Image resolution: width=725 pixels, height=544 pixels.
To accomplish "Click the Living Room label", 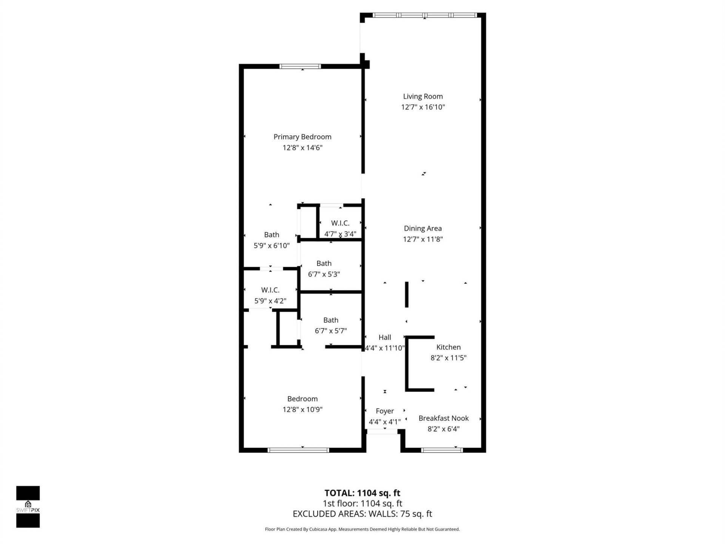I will pos(423,96).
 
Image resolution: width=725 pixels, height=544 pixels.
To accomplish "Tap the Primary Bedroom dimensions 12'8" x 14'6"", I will pos(302,148).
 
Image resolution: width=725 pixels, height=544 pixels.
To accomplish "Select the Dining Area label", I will pos(423,228).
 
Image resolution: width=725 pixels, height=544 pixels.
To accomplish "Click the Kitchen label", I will pos(448,347).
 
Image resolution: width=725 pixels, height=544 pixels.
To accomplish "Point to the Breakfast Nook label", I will pos(443,418).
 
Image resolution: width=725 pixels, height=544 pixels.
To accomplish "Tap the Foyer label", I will pos(384,411).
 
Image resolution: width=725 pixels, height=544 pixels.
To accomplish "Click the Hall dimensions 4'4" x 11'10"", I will pos(384,348).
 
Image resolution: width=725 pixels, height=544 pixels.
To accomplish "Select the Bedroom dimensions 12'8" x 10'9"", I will pos(302,410).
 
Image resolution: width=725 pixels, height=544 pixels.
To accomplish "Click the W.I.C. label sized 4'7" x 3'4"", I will pos(340,223).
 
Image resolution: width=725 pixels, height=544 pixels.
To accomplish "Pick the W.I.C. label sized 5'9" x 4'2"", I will pos(270,290).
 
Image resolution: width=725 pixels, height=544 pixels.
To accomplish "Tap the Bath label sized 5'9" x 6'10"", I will pos(271,235).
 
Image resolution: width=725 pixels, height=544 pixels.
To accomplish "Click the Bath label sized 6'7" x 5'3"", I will pos(324,263).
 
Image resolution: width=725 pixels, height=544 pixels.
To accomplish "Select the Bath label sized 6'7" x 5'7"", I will pos(330,320).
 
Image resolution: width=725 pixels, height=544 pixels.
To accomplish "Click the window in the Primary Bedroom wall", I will pos(300,66).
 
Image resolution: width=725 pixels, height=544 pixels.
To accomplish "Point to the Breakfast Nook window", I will pos(441,450).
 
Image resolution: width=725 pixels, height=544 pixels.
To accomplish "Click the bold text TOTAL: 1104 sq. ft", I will pos(362,493).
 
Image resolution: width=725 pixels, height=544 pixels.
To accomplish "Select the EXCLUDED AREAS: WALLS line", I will pos(362,514).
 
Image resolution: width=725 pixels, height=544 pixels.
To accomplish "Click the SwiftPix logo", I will pos(28,507).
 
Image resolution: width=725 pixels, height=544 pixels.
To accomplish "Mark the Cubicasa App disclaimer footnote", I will pos(362,529).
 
